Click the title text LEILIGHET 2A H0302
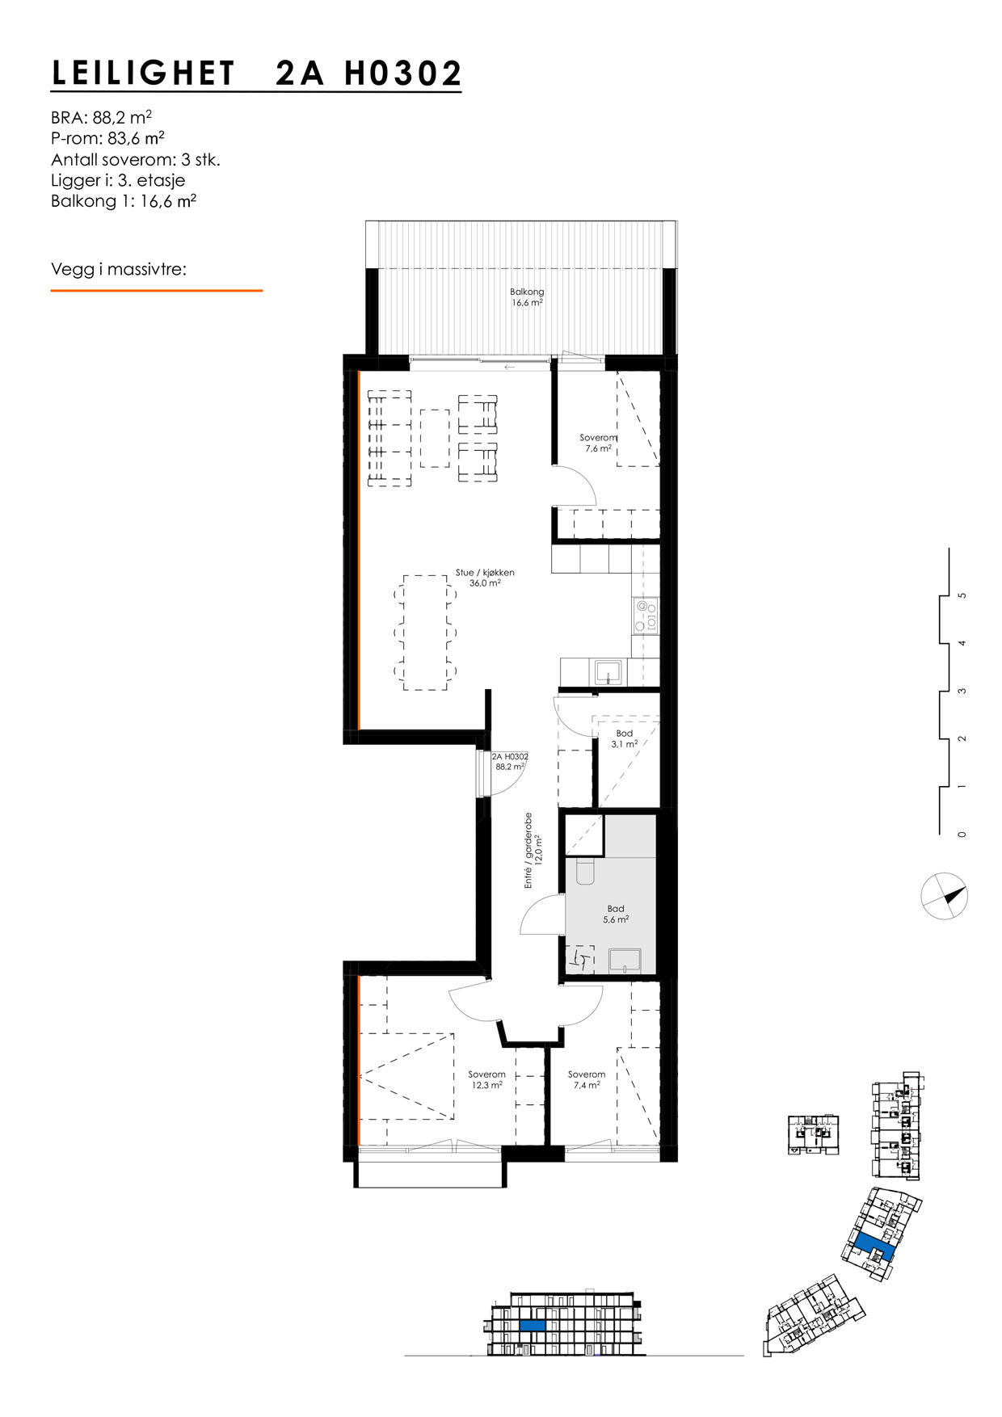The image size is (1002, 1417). (256, 74)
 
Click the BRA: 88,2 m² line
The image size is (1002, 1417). (101, 116)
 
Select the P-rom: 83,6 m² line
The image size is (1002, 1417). (107, 138)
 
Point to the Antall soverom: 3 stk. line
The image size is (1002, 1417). (135, 160)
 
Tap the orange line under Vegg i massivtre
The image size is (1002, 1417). (156, 290)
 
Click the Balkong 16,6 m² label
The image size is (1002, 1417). (527, 297)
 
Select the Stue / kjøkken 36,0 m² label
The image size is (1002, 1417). (485, 578)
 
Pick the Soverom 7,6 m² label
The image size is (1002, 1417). (598, 443)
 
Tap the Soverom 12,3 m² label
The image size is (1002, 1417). (486, 1079)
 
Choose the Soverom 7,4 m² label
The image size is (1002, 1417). (586, 1079)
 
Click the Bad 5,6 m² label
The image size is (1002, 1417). (616, 914)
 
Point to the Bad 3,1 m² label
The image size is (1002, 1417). (624, 738)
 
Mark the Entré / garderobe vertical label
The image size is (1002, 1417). (531, 850)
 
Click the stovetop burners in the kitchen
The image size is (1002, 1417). (646, 616)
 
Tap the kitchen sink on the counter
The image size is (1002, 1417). (607, 672)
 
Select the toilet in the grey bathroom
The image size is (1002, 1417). (585, 871)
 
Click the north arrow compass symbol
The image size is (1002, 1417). (944, 897)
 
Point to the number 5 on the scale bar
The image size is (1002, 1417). (962, 596)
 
